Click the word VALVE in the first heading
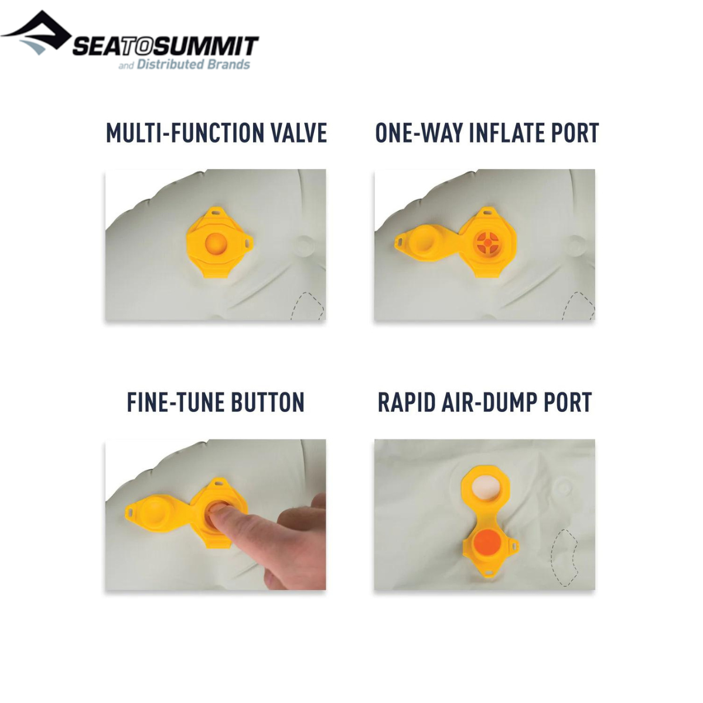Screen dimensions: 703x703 [298, 133]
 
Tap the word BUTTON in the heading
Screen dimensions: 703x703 [268, 402]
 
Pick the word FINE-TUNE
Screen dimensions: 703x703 [176, 402]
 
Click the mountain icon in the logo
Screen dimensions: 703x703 [36, 32]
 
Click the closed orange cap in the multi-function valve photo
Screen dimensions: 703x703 [216, 244]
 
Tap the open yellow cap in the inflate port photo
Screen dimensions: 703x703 [425, 242]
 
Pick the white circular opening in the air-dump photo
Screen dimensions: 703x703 [485, 488]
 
